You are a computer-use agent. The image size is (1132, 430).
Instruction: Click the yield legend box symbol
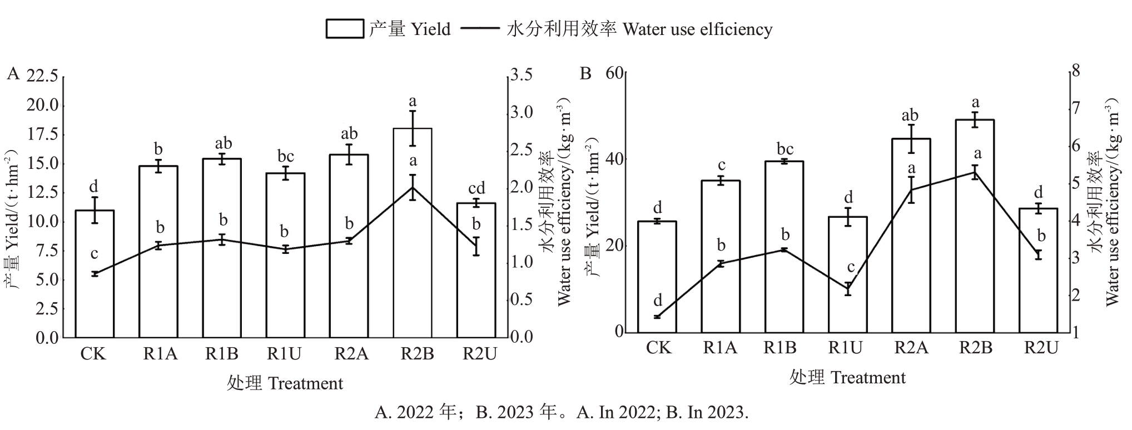click(344, 29)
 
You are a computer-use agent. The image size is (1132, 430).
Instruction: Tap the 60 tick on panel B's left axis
click(615, 73)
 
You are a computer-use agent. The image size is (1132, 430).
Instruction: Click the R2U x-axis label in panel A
click(479, 354)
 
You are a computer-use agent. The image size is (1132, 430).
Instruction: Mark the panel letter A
click(13, 74)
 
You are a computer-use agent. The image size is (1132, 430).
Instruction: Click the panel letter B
click(585, 74)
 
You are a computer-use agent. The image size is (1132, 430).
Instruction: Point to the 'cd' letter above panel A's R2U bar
click(476, 188)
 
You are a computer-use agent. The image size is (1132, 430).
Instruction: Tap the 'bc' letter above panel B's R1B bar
click(784, 149)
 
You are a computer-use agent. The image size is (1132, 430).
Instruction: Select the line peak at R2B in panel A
click(413, 187)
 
